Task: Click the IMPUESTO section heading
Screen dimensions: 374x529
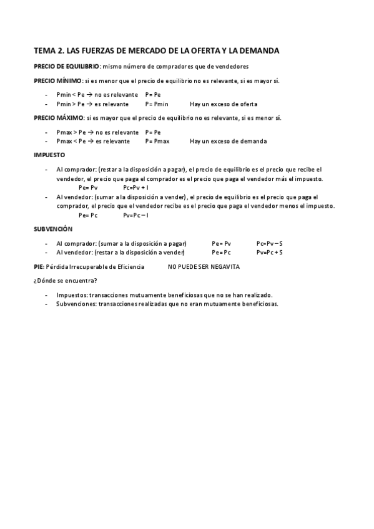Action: tap(49, 155)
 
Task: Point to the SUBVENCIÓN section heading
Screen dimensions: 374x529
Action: tap(53, 230)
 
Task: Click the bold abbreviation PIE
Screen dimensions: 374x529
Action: tap(39, 267)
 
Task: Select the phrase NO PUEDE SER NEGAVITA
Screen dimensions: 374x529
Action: tap(204, 267)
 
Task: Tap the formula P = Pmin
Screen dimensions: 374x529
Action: tap(157, 104)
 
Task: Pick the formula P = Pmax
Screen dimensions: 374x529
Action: tap(157, 141)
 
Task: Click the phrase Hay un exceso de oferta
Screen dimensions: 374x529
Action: tap(224, 104)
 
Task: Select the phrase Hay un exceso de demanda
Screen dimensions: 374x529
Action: tap(229, 141)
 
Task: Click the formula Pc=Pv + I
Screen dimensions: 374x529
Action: tap(135, 187)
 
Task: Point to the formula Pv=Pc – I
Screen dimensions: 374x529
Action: tap(135, 215)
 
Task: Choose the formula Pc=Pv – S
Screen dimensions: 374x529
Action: tap(270, 243)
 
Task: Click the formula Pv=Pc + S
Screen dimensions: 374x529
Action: tap(270, 252)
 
